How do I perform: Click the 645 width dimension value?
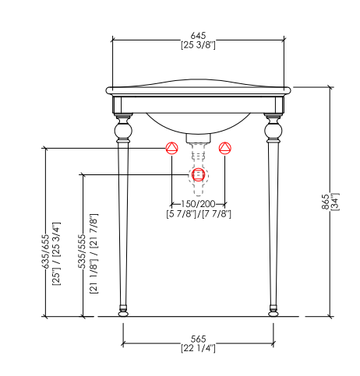pos(198,35)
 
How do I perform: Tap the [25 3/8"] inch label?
pos(198,45)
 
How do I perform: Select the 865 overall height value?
pos(326,202)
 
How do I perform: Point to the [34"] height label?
pos(335,202)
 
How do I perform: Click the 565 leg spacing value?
pos(198,339)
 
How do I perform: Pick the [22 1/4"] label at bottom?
pos(198,348)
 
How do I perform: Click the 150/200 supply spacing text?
pos(198,204)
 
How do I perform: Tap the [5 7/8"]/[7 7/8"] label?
pos(199,214)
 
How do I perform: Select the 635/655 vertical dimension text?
pos(45,251)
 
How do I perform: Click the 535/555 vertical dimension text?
pos(82,251)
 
